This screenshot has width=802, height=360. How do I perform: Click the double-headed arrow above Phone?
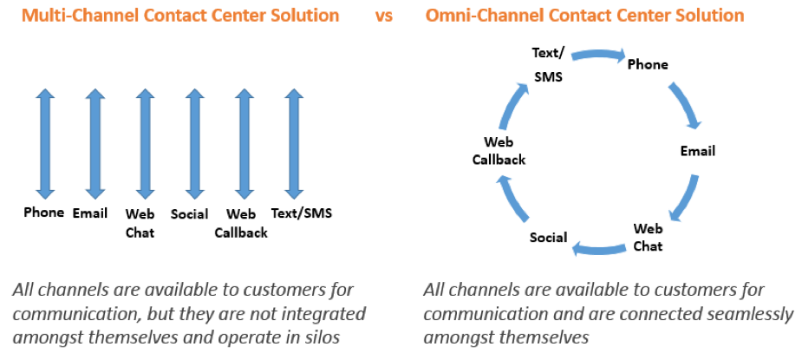pyautogui.click(x=45, y=144)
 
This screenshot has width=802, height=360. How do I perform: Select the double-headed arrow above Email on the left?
pyautogui.click(x=95, y=144)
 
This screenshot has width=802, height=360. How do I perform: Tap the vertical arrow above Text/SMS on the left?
pyautogui.click(x=294, y=144)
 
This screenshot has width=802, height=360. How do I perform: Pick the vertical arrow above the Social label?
pyautogui.click(x=194, y=144)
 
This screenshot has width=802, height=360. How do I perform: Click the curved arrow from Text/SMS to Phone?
pyautogui.click(x=598, y=53)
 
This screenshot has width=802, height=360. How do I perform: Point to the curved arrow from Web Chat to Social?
pyautogui.click(x=598, y=249)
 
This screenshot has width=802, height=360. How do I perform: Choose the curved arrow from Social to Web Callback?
pyautogui.click(x=512, y=199)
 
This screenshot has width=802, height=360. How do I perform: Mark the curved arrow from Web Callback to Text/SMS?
pyautogui.click(x=513, y=104)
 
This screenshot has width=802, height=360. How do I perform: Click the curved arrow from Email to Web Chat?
pyautogui.click(x=685, y=198)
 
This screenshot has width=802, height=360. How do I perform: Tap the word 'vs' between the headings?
pyautogui.click(x=383, y=16)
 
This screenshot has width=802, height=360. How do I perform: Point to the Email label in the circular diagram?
pyautogui.click(x=697, y=151)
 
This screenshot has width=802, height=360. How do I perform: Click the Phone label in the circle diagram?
pyautogui.click(x=648, y=64)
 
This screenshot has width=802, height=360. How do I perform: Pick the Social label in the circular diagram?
pyautogui.click(x=548, y=237)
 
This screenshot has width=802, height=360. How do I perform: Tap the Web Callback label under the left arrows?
pyautogui.click(x=241, y=223)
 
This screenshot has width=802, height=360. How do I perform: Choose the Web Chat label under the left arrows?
pyautogui.click(x=140, y=223)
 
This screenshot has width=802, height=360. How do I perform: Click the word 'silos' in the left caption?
pyautogui.click(x=321, y=337)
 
